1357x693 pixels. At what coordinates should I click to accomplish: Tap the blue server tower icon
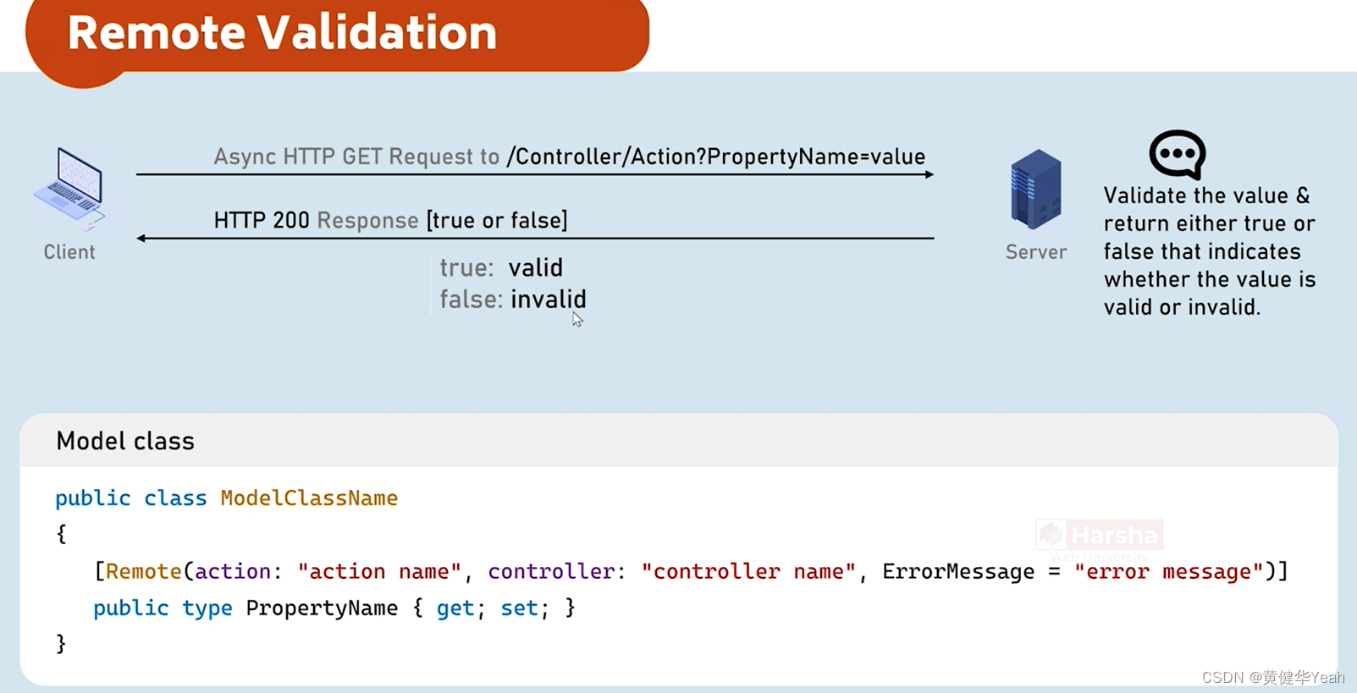(1035, 189)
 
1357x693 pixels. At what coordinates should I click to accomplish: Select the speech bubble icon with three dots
(1177, 154)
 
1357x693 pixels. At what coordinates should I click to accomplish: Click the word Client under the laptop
(69, 252)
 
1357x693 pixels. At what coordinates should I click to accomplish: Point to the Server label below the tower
(1035, 252)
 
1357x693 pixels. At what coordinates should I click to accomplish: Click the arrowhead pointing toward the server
(929, 174)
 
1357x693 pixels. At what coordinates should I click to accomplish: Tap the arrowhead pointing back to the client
(141, 239)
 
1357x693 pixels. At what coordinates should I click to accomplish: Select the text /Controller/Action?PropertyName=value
(715, 157)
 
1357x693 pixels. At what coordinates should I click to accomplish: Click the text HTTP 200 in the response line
(262, 221)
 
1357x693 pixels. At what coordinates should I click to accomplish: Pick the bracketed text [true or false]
(497, 221)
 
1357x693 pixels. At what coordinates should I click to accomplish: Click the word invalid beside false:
(549, 300)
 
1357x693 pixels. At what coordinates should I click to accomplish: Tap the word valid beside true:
(535, 268)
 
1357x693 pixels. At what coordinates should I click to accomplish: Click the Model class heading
(125, 441)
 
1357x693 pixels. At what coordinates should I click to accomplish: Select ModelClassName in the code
(309, 498)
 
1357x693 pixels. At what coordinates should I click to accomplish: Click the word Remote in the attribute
(143, 572)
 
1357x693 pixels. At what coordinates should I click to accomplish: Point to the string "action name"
(379, 572)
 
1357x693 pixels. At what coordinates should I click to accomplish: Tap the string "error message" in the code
(1168, 572)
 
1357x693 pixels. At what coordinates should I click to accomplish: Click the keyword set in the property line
(519, 608)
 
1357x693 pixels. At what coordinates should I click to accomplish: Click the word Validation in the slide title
(377, 33)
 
